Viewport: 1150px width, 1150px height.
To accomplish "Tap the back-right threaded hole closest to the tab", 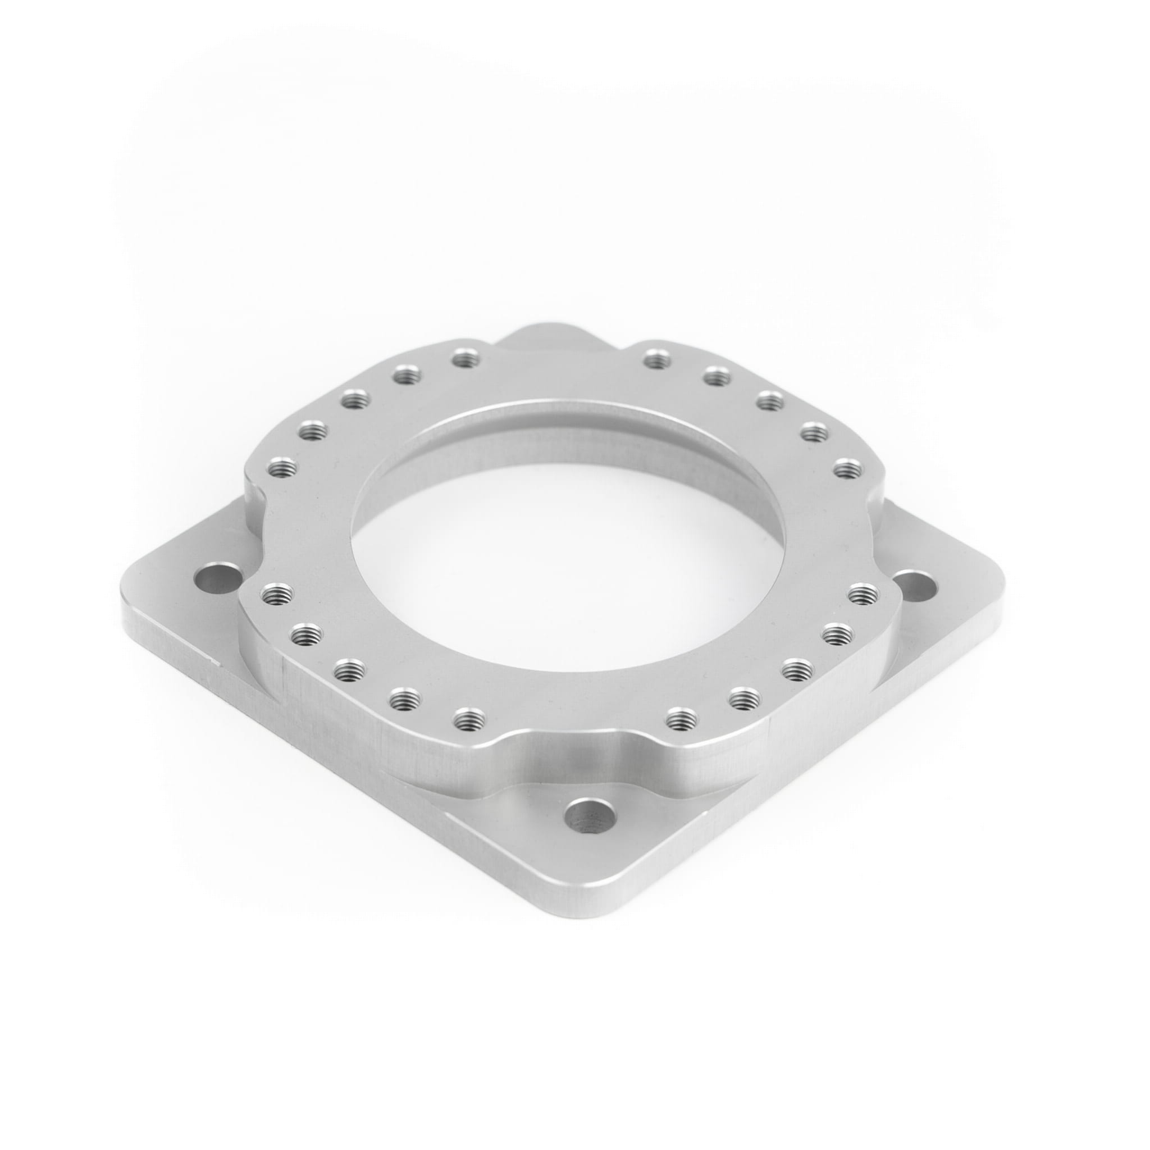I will [x=656, y=358].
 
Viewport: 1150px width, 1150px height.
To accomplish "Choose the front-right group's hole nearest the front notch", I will [x=681, y=720].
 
